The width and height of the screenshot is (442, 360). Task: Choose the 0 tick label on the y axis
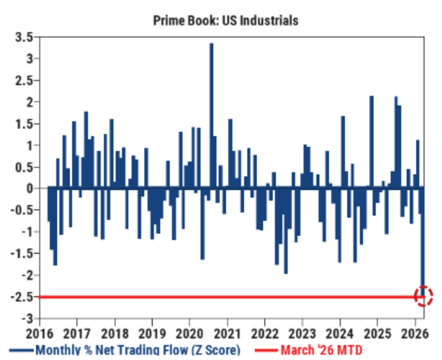click(27, 188)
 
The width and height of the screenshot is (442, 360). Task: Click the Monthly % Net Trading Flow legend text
click(137, 350)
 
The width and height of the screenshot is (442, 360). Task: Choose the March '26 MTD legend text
click(321, 350)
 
